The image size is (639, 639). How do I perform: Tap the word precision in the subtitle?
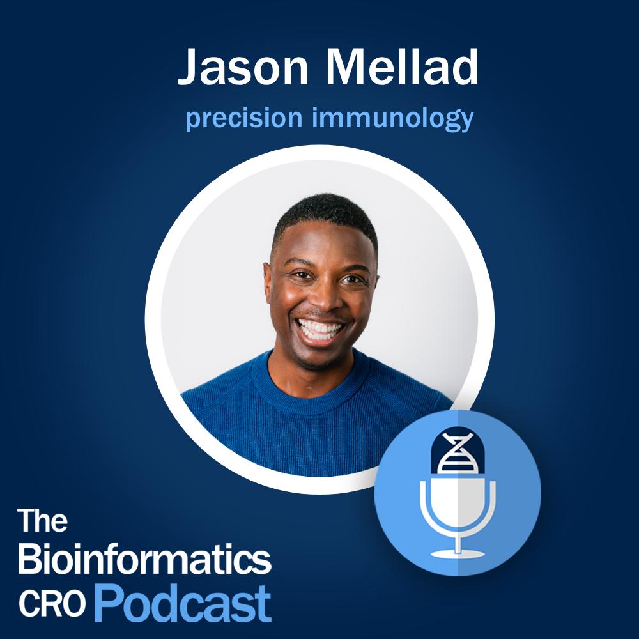(x=243, y=118)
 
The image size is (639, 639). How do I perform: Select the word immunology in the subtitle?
(x=392, y=118)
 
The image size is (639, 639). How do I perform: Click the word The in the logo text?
(x=42, y=520)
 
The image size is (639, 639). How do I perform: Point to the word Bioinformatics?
(x=144, y=558)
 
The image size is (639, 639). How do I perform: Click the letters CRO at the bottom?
(x=52, y=604)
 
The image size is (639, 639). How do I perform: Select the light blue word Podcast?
(x=183, y=604)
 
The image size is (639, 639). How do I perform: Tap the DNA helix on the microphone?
(x=458, y=453)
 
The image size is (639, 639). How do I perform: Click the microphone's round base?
(x=458, y=553)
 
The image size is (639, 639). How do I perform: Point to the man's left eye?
(x=353, y=280)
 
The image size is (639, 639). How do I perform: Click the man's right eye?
(x=302, y=275)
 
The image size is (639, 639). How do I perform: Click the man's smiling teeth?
(x=320, y=329)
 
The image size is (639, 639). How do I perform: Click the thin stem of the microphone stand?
(x=458, y=541)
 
